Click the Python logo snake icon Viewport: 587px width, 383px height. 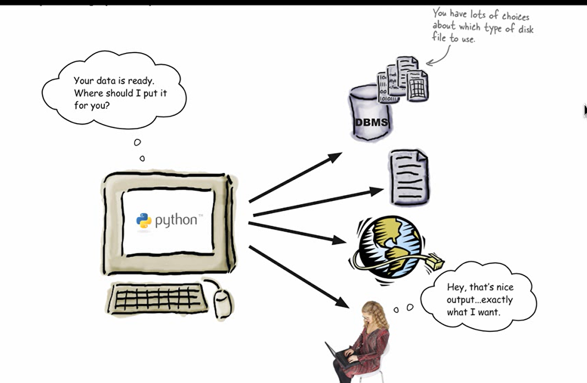point(144,221)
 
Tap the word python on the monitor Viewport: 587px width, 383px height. point(176,221)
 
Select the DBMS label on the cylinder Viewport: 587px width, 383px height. point(371,122)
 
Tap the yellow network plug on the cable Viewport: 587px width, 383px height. point(435,263)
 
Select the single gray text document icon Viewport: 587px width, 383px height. point(409,177)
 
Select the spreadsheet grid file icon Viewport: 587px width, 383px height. point(417,86)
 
